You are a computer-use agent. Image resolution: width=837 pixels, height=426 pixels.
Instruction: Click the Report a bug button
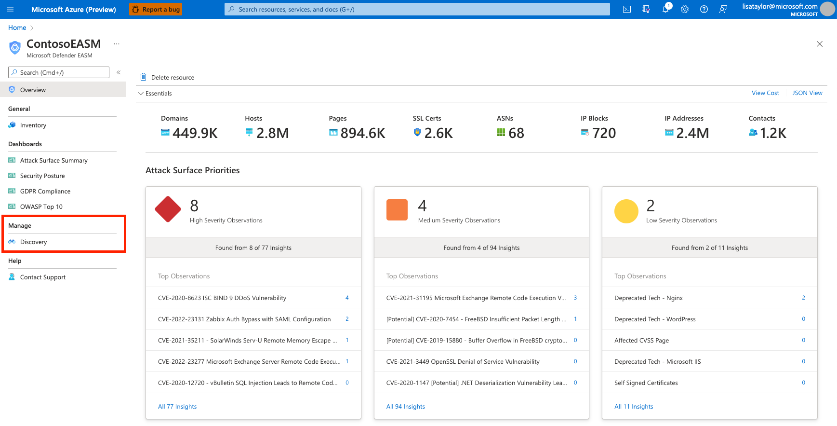[x=155, y=9]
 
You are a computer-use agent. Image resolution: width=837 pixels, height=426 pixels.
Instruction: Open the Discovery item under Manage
[x=33, y=242]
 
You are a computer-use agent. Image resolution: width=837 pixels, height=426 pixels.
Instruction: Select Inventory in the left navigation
[x=33, y=125]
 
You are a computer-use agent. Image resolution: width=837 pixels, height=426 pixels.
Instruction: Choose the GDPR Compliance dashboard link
[x=45, y=191]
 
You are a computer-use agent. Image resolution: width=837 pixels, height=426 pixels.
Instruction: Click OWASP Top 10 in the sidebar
[x=41, y=206]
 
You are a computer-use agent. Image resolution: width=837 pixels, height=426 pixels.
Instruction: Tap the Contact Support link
[x=42, y=277]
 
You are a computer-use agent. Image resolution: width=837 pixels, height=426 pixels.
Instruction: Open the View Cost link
[x=765, y=93]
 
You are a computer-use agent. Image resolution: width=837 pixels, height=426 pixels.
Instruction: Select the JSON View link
[x=807, y=93]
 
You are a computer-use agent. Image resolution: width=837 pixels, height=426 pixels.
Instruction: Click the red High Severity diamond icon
[x=168, y=209]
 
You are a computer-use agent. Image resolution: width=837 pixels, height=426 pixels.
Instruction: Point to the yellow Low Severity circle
[x=626, y=211]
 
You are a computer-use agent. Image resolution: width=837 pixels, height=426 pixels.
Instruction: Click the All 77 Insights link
[x=177, y=406]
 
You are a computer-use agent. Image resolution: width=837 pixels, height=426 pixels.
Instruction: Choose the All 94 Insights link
[x=405, y=406]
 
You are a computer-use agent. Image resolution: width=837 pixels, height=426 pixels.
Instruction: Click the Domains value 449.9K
[x=195, y=133]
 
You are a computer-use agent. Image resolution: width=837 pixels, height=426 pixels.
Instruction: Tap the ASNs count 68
[x=516, y=133]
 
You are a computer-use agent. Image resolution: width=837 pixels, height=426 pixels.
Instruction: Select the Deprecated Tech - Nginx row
[x=648, y=298]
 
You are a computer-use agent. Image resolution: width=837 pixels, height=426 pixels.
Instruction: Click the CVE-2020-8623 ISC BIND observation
[x=222, y=298]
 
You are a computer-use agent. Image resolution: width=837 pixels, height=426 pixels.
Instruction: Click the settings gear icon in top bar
[x=684, y=9]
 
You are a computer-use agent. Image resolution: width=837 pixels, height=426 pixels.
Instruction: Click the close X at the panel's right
[x=819, y=44]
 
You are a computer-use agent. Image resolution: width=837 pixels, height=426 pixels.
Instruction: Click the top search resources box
[x=417, y=9]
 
